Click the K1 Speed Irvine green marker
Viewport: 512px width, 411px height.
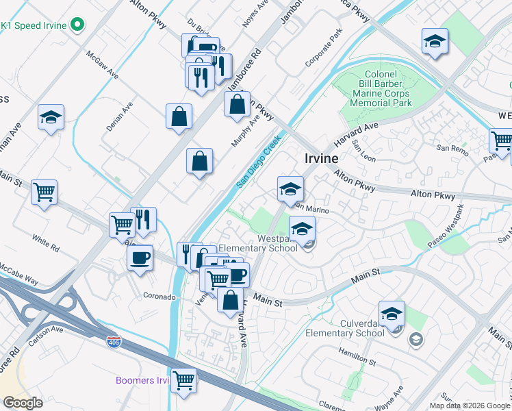(77, 26)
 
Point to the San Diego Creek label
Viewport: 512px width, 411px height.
(259, 162)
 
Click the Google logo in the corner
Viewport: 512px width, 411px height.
(23, 403)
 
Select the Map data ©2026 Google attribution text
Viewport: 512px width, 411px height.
(470, 406)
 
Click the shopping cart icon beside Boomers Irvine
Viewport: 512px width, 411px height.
(183, 379)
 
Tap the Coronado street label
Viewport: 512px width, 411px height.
(159, 297)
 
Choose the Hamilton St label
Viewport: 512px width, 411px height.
(357, 355)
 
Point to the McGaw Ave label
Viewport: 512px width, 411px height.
(101, 64)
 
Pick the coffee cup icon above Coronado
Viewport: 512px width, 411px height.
(140, 258)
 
